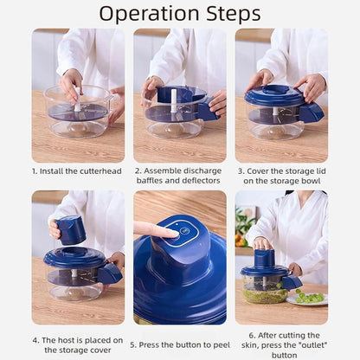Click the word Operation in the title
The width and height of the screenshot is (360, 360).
[148, 14]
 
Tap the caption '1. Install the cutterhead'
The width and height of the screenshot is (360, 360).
[78, 170]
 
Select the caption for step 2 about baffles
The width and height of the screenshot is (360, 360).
[179, 177]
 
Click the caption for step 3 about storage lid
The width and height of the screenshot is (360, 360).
[281, 177]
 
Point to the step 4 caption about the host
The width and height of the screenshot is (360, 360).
[78, 345]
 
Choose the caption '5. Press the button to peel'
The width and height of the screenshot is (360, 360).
[179, 344]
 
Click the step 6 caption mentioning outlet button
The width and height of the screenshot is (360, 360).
[281, 344]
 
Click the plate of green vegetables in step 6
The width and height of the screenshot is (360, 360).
[309, 297]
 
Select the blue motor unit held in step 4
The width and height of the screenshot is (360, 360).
[71, 229]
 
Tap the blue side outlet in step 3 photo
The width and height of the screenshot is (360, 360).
[312, 112]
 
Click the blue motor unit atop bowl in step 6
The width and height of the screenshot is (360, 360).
[264, 259]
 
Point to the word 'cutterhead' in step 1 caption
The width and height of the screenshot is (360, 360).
[103, 170]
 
